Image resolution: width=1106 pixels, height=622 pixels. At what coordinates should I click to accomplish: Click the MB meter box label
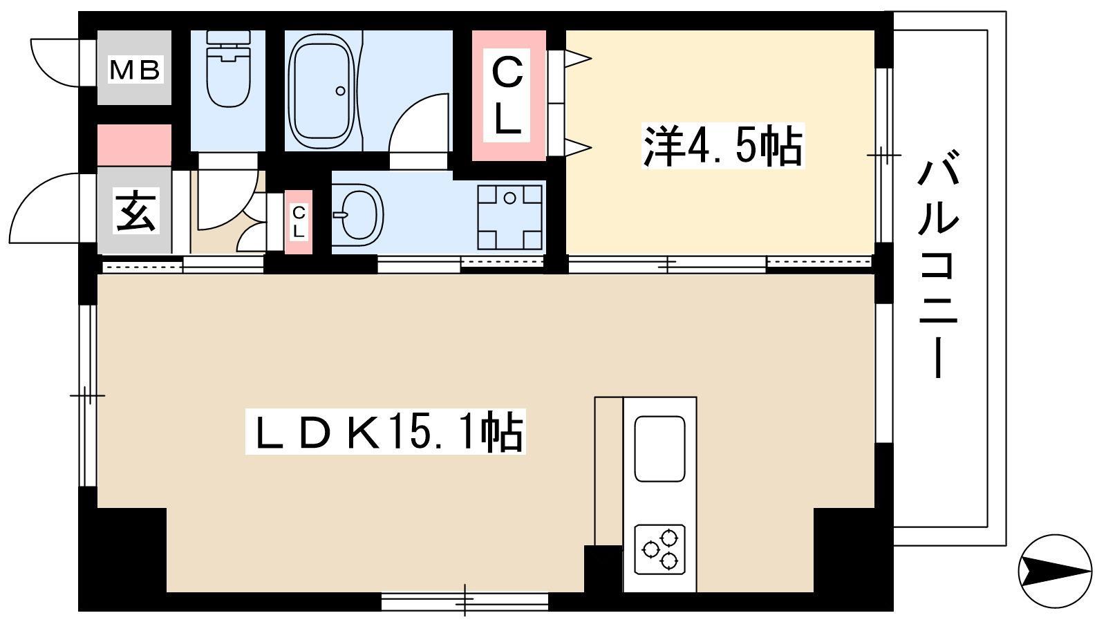[x=135, y=70]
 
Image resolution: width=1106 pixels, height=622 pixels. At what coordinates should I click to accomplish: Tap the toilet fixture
[x=228, y=68]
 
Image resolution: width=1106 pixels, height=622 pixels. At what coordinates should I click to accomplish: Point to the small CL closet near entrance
[x=299, y=222]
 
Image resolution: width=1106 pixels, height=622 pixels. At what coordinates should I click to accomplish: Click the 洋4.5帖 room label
[x=722, y=146]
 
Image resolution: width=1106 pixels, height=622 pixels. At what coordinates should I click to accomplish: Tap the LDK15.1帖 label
[x=386, y=432]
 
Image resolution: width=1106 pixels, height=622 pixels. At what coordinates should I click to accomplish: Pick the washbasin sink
[x=359, y=215]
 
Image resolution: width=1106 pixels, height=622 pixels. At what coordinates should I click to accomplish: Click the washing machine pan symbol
[x=509, y=217]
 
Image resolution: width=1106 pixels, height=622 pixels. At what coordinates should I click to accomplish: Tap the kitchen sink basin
[x=659, y=449]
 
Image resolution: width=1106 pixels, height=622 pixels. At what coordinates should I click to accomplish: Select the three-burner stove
[x=659, y=549]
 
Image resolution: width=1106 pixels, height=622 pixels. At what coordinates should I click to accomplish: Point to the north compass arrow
[x=1055, y=572]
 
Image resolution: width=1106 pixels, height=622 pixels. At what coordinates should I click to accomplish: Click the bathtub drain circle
[x=340, y=91]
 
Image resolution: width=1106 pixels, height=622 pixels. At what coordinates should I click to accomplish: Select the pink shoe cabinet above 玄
[x=134, y=145]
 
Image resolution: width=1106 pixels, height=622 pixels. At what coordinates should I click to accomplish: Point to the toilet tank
[x=228, y=38]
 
